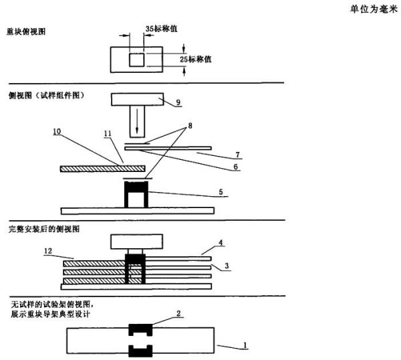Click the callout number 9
coord(178,102)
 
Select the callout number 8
coord(190,126)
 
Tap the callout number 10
coord(57,132)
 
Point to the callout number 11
coord(108,134)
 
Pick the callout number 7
coord(237,155)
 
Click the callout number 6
coord(235,167)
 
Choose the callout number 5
coord(221,192)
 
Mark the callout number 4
coord(221,242)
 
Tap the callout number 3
coord(227,266)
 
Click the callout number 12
coord(48,251)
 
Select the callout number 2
coord(178,313)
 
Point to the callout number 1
coord(245,345)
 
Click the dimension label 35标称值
coord(161,29)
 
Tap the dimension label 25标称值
coord(196,60)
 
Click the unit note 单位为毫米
coord(374,9)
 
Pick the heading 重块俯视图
coord(26,31)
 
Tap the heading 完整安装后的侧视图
coord(44,229)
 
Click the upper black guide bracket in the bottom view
coord(140,330)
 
